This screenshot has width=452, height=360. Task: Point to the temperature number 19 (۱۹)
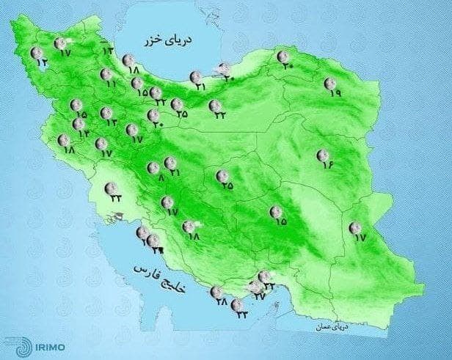click(335, 95)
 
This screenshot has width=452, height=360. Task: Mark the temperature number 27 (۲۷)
click(258, 297)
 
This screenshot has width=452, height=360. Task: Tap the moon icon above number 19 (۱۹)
click(332, 84)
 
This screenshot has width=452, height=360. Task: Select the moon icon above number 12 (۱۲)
click(37, 52)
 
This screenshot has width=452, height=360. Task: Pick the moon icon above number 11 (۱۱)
click(107, 74)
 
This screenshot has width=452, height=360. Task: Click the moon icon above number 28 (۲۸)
click(217, 292)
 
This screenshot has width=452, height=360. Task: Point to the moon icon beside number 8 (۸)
click(153, 167)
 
